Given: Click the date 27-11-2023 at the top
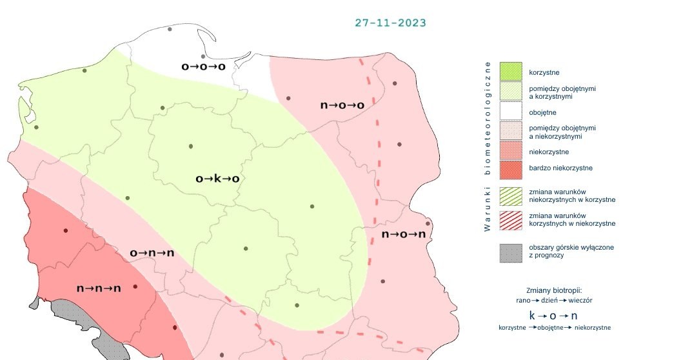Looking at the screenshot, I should point(390,23).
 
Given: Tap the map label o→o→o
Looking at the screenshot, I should point(203,66).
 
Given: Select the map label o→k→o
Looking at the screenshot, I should point(217,178).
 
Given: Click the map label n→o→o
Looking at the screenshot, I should point(342,105).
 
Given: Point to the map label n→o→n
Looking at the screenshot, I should point(404,234).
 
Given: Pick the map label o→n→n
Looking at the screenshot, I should point(152,253).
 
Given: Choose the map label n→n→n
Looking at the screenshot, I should point(99,288).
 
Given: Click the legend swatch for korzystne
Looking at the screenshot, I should point(510,72).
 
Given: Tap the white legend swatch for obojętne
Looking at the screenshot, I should point(510,112).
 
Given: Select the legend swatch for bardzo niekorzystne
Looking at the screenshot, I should point(510,168).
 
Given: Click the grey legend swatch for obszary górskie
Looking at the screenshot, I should point(510,252).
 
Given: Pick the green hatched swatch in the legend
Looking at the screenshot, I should point(510,195).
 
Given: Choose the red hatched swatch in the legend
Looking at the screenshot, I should point(510,219).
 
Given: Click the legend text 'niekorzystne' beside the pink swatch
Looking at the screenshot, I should point(548,152).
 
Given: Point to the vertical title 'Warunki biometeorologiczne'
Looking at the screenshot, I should point(488,146).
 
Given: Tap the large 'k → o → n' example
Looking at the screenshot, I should point(554,315).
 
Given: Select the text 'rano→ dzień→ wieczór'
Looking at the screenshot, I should point(555,301).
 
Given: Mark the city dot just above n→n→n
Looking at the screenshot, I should point(65,230).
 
